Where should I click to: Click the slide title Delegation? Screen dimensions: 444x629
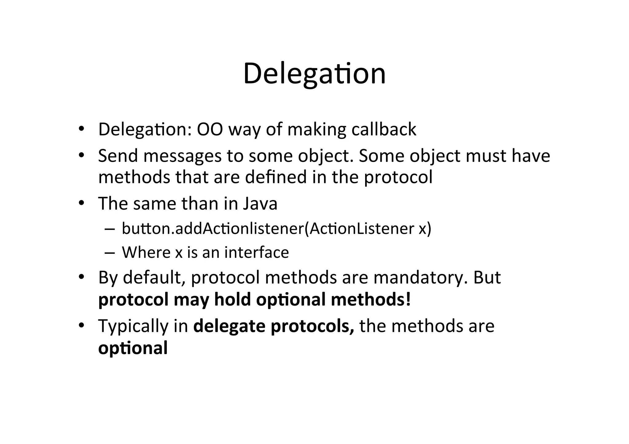click(314, 74)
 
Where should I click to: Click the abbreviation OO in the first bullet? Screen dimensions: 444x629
click(210, 129)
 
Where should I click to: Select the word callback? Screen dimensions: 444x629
click(384, 129)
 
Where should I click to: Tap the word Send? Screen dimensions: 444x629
click(118, 156)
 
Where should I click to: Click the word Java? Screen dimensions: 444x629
click(260, 204)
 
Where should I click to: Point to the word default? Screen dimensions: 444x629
click(154, 277)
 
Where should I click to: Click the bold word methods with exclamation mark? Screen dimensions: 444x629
click(371, 299)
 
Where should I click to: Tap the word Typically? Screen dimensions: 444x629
click(133, 326)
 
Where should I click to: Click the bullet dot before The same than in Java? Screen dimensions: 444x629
click(81, 203)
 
